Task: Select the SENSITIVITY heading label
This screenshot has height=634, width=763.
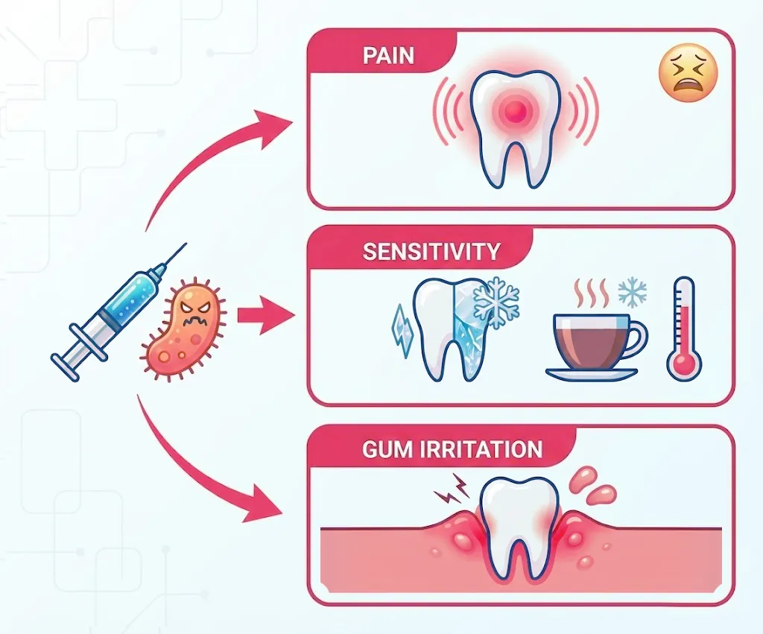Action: click(x=431, y=251)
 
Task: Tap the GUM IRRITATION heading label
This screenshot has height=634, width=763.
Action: click(x=452, y=449)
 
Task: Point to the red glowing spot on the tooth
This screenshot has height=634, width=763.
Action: click(x=513, y=114)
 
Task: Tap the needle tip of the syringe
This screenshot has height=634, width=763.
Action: click(x=183, y=246)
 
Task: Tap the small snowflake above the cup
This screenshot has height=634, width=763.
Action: click(x=633, y=293)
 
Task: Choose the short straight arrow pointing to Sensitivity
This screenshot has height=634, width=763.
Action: click(x=265, y=316)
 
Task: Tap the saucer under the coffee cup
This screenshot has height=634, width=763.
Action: click(x=591, y=373)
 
